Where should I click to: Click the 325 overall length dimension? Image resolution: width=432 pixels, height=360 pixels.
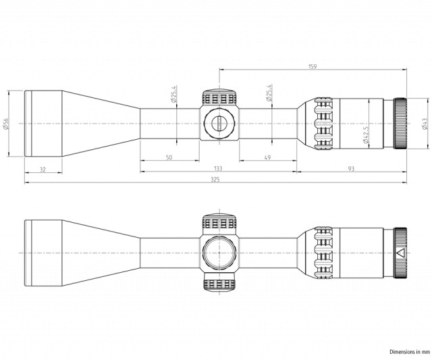215,180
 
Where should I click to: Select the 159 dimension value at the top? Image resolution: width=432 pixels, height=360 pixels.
313,66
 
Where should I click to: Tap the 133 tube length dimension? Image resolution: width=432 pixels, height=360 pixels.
217,168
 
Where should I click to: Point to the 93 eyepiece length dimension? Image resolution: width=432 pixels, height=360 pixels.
351,168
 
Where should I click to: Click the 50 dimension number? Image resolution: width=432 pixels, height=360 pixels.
169,157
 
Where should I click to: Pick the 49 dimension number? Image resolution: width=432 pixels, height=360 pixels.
267,157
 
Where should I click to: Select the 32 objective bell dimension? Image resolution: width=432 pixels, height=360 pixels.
43,170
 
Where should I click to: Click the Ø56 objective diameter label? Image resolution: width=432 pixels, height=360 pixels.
6,124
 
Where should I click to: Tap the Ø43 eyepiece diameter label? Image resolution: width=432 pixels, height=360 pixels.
425,124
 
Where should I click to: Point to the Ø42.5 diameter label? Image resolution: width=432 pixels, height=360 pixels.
366,135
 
